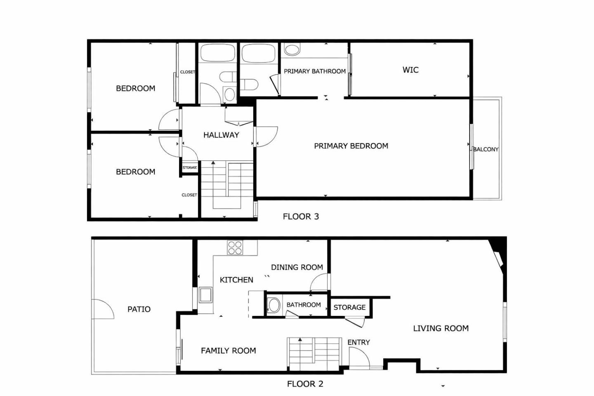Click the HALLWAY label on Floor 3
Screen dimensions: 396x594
pos(221,135)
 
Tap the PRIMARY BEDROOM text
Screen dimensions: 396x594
pos(351,146)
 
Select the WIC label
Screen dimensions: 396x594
pos(410,70)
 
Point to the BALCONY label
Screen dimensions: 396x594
pos(486,149)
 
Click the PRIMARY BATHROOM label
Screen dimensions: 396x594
pos(315,71)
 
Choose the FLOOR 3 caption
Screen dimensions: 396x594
pos(301,217)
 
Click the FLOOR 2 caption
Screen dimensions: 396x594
pos(305,384)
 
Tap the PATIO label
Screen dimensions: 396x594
pos(139,309)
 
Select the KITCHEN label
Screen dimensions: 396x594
pos(236,280)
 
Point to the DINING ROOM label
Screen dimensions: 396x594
pos(297,267)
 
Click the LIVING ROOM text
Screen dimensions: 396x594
pos(441,328)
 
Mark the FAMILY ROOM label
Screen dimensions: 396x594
pos(228,351)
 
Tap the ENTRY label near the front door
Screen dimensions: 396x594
pos(358,342)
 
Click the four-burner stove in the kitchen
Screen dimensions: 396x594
pos(235,247)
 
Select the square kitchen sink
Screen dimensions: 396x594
pos(205,295)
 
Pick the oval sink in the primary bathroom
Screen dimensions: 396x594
pos(292,50)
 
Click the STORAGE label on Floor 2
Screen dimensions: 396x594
pos(349,307)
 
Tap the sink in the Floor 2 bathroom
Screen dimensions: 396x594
pos(273,306)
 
